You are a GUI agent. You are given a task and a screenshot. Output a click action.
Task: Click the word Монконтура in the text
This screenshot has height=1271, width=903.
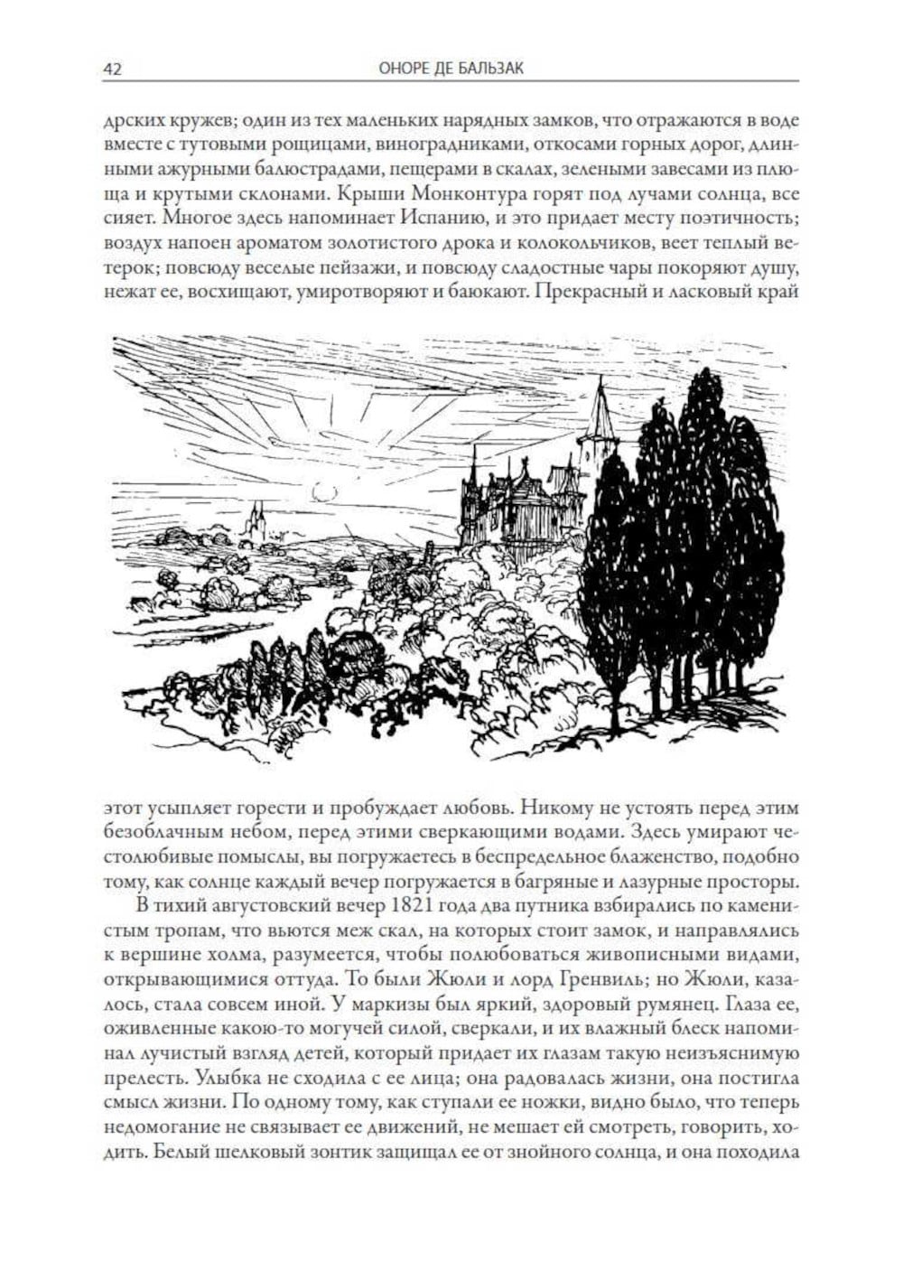pyautogui.click(x=461, y=192)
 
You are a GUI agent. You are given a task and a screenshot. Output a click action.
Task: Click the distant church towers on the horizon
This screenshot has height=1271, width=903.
pyautogui.click(x=256, y=522)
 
